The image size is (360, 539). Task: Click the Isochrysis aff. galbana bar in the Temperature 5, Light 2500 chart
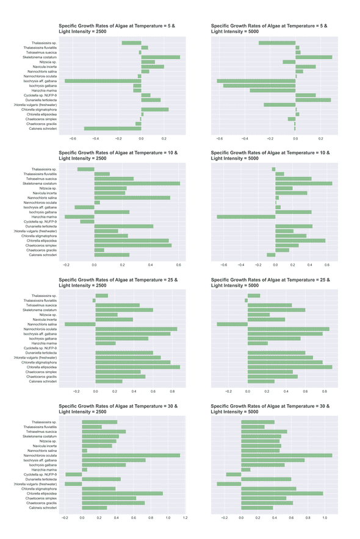point(103,81)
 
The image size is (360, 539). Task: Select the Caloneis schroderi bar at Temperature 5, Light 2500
point(113,129)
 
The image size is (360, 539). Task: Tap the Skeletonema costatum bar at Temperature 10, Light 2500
point(137,184)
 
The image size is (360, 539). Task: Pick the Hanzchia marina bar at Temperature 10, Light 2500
point(79,216)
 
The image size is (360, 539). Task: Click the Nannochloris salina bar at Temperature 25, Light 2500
point(81,324)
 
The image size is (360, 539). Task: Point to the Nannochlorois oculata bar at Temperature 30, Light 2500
point(131,455)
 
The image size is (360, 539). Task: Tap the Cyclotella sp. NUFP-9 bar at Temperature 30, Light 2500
point(74,474)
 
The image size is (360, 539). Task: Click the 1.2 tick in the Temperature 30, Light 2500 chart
point(185,518)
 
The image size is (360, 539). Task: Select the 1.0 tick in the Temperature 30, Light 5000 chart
point(325,518)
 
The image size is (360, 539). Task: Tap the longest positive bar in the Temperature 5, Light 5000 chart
point(314,57)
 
